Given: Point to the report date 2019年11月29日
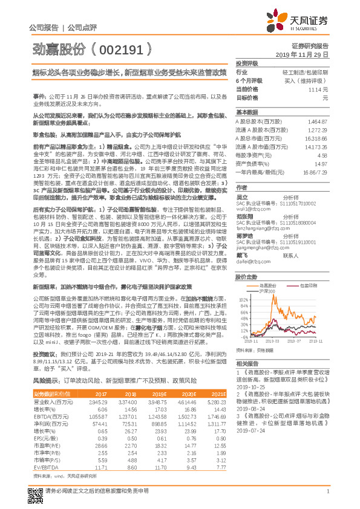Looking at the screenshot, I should (307, 54).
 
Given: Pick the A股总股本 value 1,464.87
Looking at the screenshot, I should (317, 122).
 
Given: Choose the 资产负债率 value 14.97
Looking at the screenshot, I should (321, 164).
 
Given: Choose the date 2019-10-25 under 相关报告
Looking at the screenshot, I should (251, 385).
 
